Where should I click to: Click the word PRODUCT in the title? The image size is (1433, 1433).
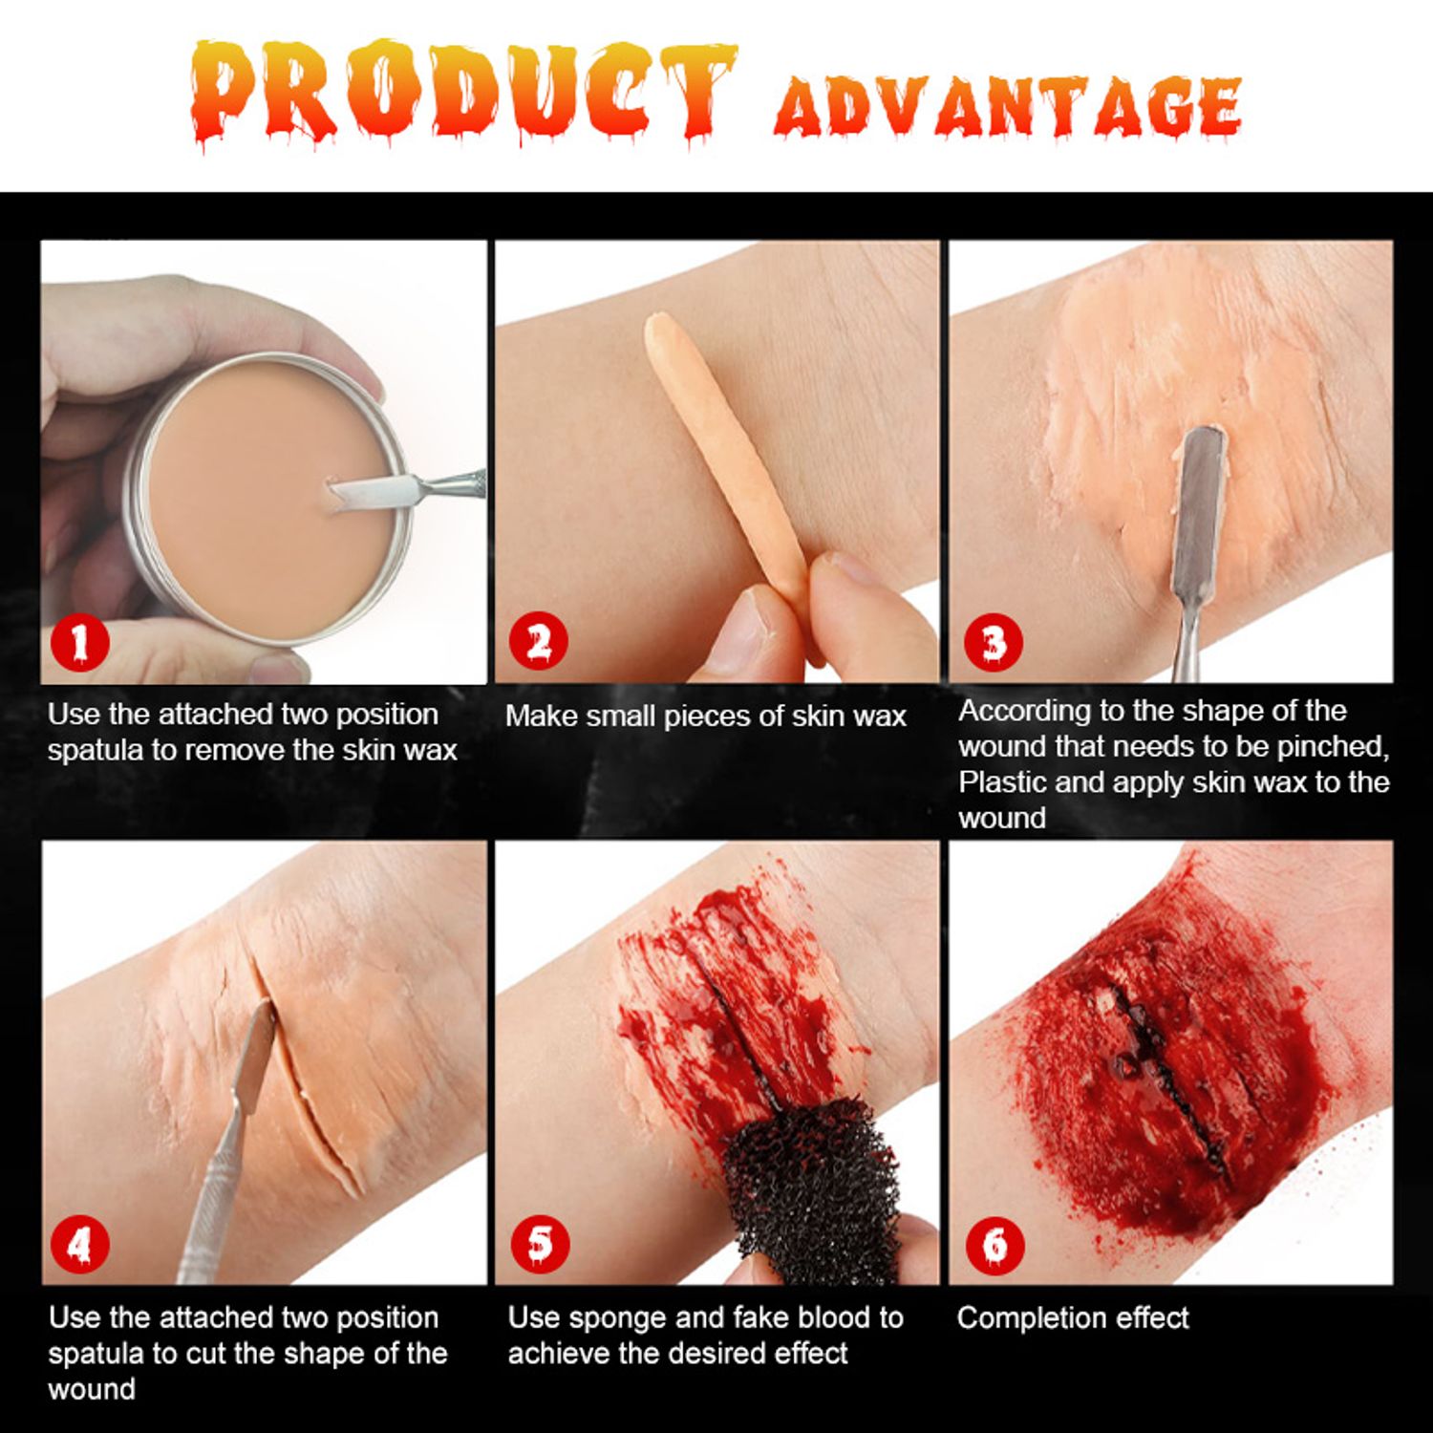[463, 92]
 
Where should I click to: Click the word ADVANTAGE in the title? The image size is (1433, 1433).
[1009, 106]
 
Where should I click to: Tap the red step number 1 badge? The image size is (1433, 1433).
[79, 641]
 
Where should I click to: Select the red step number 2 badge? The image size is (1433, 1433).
[539, 641]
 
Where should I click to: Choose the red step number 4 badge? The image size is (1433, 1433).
[79, 1244]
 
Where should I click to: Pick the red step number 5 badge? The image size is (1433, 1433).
[540, 1244]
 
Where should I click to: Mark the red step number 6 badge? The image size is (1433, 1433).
[995, 1245]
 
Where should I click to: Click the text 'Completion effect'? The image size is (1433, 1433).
[1073, 1318]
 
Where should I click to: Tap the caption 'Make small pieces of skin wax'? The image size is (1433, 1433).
[705, 716]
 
